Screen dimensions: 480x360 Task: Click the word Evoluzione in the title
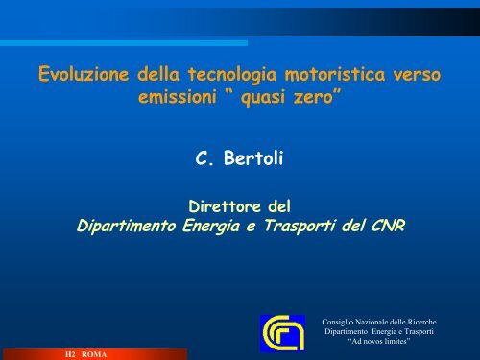tap(84, 74)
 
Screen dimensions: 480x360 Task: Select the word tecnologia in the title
tap(232, 75)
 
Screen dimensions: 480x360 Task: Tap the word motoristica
tap(335, 74)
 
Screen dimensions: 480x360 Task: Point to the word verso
tap(417, 75)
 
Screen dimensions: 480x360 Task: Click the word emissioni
tap(178, 97)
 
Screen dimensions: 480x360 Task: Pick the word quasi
tap(263, 97)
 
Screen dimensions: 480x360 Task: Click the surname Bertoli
tap(253, 158)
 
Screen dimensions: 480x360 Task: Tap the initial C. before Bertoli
tap(204, 158)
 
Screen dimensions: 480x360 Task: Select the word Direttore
tap(225, 206)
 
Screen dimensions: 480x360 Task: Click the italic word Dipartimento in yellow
tap(126, 226)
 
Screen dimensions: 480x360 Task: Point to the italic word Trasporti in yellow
tap(300, 226)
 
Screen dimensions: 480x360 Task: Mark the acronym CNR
tap(388, 226)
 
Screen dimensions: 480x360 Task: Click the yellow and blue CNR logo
tap(282, 333)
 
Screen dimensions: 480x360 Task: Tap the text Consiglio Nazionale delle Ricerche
tap(379, 322)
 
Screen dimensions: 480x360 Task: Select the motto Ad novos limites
tap(379, 341)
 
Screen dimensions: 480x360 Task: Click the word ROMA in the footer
tap(94, 354)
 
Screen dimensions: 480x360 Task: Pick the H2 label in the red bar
tap(70, 354)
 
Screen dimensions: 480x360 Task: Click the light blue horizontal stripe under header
tap(124, 43)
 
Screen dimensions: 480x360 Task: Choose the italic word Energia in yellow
tap(211, 226)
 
